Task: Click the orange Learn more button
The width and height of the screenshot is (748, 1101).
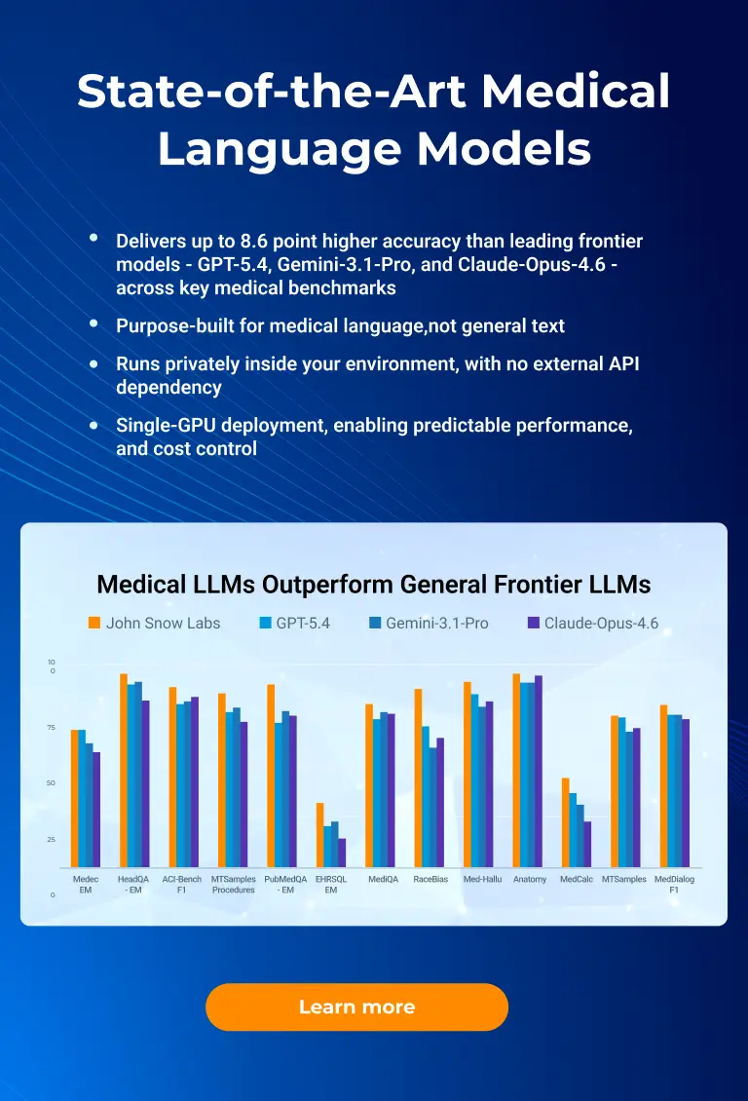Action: coord(356,1006)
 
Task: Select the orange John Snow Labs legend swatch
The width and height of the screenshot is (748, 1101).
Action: coord(94,623)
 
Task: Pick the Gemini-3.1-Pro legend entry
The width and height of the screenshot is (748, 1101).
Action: coord(436,623)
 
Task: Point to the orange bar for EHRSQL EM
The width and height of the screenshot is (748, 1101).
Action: coord(319,835)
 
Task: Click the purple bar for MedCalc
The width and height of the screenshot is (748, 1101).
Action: coord(587,844)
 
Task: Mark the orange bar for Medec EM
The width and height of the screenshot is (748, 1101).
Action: coord(74,798)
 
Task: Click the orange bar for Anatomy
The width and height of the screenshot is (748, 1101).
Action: coord(516,770)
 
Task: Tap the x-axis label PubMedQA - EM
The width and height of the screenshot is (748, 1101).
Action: coord(285,884)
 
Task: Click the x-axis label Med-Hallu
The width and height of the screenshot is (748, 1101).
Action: coord(481,879)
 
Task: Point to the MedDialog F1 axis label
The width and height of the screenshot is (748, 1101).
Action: coord(674,884)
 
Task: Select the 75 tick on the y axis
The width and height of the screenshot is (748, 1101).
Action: coord(51,727)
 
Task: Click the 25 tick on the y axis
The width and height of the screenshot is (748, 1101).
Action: coord(51,840)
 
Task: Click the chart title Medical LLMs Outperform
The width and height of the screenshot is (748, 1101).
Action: coord(373,585)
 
